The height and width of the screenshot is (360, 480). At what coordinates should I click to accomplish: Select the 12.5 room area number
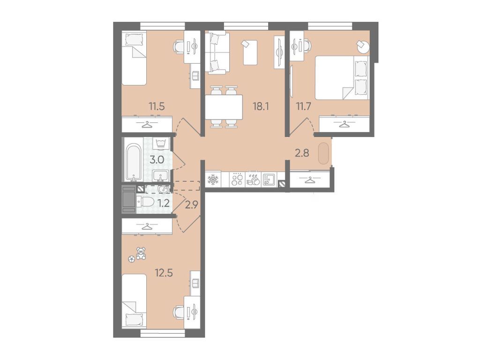tap(164, 272)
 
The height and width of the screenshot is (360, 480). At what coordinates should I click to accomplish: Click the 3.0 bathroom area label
tap(157, 159)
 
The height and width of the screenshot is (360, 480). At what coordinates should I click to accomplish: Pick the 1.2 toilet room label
tap(164, 202)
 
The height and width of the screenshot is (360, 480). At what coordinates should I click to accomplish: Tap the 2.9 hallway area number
tap(192, 205)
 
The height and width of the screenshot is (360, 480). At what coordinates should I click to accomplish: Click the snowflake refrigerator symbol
tap(212, 180)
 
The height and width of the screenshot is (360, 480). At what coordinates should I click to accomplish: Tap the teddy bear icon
tap(141, 253)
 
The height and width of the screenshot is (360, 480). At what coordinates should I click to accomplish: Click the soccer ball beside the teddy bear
tap(132, 259)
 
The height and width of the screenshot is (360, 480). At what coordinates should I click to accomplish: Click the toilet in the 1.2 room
tap(146, 202)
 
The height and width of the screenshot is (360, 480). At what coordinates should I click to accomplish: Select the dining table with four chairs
tap(224, 107)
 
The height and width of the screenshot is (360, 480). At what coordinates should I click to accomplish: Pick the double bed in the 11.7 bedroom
tap(342, 77)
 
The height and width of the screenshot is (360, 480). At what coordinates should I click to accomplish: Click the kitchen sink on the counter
tap(270, 179)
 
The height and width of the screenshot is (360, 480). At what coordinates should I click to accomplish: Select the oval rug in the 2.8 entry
tap(324, 154)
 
